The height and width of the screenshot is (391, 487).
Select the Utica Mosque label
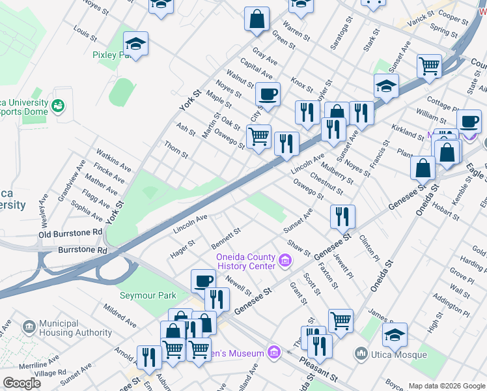coord(398,354)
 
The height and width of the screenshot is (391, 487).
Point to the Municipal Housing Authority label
coord(76,328)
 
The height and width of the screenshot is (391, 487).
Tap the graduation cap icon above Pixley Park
coord(135,44)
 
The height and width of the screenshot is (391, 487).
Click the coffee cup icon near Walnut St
coord(268,94)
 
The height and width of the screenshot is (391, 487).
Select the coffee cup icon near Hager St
coord(203,282)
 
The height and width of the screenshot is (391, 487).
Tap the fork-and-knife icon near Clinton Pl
coord(342,216)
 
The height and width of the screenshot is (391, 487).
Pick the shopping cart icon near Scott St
coord(341,321)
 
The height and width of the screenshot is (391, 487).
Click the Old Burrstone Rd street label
coord(70,233)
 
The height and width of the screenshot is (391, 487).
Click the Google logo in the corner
coord(22,383)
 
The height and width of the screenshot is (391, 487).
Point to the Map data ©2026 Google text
coord(446,386)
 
